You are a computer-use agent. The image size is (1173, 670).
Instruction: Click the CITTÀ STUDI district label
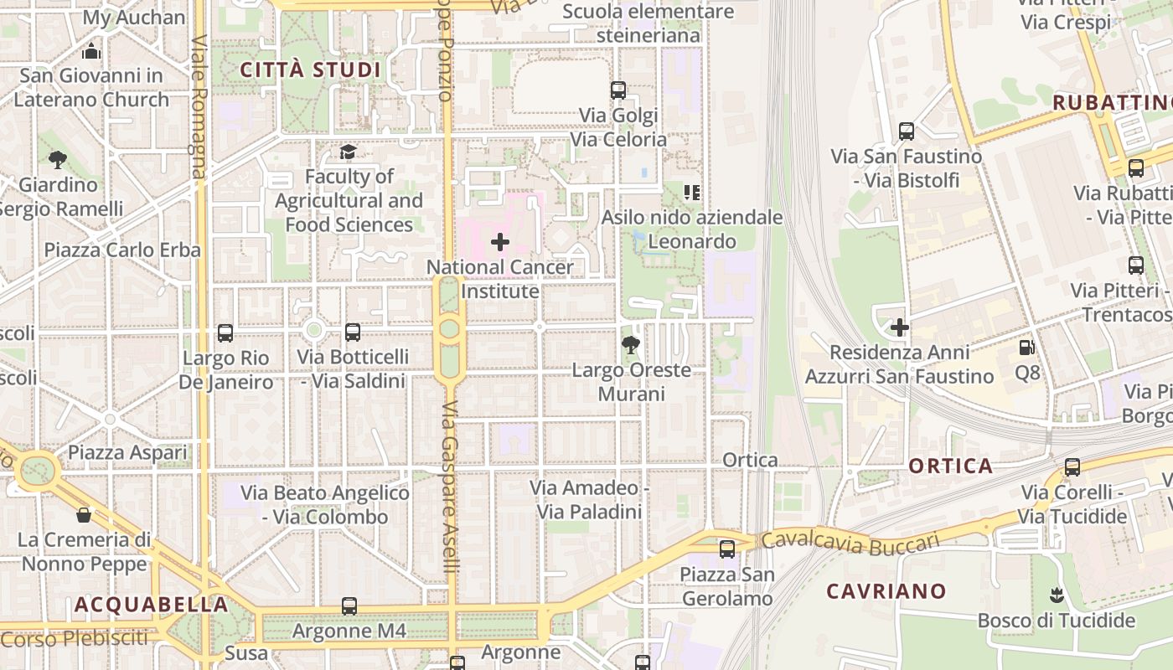click(311, 70)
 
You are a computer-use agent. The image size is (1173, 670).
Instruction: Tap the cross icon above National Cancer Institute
click(500, 243)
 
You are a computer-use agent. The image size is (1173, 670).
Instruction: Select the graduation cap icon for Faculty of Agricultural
click(348, 152)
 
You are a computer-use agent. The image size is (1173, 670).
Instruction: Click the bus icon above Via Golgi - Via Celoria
click(618, 90)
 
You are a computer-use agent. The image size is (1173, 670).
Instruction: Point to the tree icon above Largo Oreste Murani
click(632, 344)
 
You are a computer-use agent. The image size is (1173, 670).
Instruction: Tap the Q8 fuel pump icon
click(1027, 347)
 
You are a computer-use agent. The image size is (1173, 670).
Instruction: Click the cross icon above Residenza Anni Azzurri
click(900, 327)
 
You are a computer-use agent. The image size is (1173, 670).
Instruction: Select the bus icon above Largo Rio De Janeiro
click(225, 332)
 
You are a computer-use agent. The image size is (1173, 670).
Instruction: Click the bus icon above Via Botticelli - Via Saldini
click(353, 332)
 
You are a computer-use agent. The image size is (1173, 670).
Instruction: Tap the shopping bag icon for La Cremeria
click(84, 514)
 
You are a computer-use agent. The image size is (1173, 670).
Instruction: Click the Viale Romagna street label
click(199, 106)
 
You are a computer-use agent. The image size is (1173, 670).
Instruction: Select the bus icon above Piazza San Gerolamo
click(727, 549)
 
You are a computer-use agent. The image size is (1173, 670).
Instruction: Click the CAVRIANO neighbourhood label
click(886, 591)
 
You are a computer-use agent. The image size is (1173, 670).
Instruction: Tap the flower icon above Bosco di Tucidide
click(1056, 595)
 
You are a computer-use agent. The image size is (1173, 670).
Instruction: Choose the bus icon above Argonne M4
click(349, 606)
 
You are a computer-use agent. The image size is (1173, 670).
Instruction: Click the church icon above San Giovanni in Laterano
click(92, 51)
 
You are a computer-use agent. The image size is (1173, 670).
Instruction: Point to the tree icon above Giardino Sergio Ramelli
click(58, 159)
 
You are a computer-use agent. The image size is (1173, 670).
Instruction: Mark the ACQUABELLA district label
click(151, 604)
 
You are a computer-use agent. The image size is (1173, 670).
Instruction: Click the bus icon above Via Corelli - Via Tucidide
click(1072, 466)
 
